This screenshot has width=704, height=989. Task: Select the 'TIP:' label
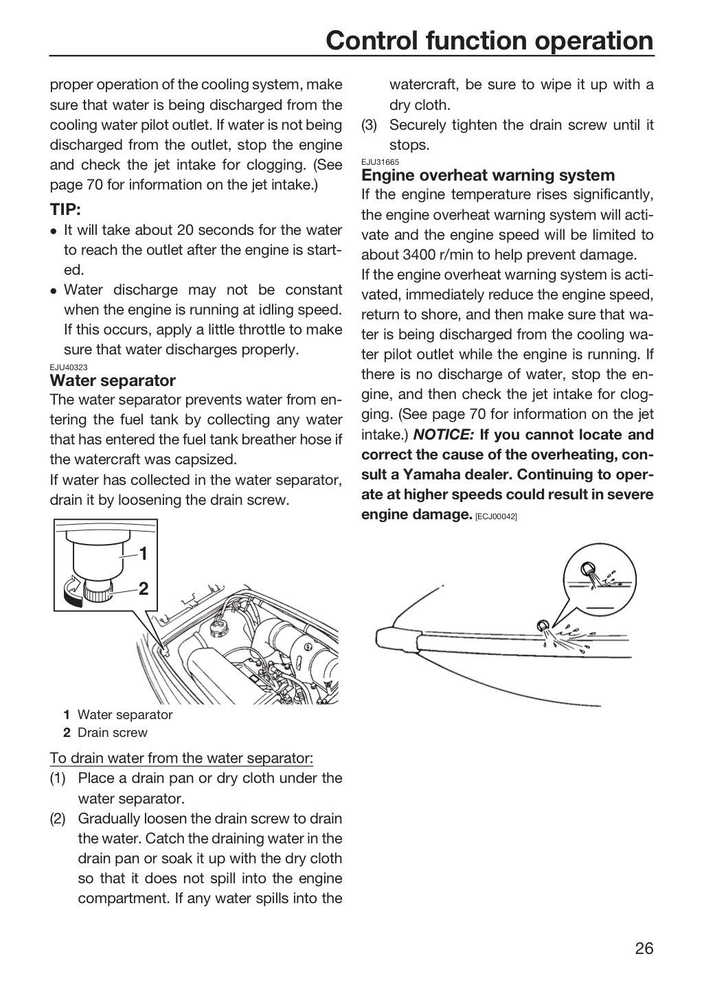tap(65, 209)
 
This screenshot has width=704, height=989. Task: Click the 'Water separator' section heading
tap(113, 380)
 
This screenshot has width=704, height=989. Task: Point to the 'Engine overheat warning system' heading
tap(488, 175)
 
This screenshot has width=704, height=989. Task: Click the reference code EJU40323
tap(69, 367)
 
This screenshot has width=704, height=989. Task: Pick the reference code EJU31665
tap(380, 162)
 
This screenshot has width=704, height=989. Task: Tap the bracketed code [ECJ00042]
tap(496, 516)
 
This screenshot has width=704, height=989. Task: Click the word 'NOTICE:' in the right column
tap(444, 435)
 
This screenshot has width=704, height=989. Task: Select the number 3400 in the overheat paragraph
tap(422, 255)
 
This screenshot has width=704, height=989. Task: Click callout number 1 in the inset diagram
tap(143, 554)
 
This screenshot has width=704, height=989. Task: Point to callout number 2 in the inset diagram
tap(143, 589)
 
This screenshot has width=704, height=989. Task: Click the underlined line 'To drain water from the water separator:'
tap(181, 758)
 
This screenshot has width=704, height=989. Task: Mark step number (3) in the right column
tap(370, 125)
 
